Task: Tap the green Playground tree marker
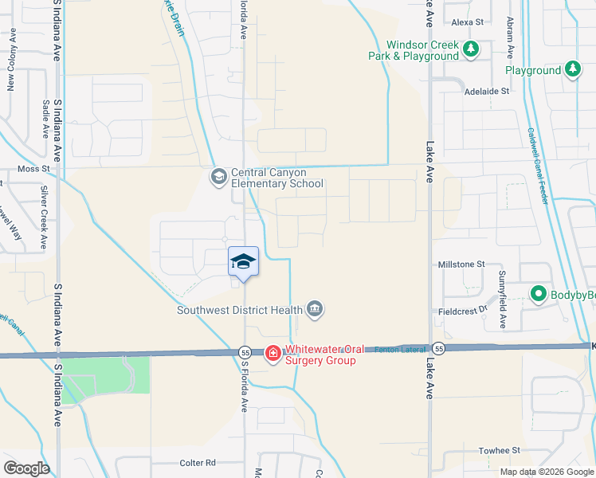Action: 572,70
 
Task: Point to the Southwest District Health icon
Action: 315,309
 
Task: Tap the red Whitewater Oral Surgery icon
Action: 273,352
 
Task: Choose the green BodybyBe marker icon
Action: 538,295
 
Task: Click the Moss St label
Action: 33,169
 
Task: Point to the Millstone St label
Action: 461,264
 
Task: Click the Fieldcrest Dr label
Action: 461,311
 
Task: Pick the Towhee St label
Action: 500,450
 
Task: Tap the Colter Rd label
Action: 198,463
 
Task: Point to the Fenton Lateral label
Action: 396,348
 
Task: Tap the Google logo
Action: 25,468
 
